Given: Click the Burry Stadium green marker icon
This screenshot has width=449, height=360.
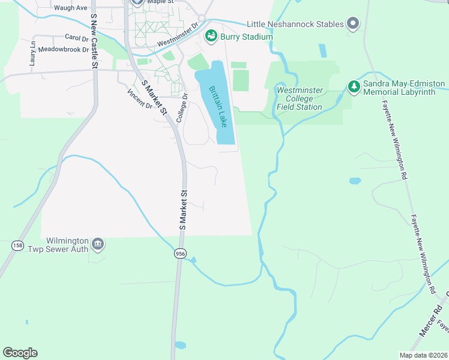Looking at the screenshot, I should click(211, 37).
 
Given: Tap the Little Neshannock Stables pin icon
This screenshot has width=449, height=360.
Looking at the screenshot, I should click(353, 24).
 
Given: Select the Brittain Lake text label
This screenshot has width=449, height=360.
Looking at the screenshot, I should click(218, 106).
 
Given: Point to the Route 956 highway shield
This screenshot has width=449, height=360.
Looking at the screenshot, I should click(179, 254).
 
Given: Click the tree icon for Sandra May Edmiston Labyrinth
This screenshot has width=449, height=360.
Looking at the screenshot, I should click(354, 88).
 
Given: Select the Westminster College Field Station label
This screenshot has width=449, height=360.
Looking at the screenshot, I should click(300, 98).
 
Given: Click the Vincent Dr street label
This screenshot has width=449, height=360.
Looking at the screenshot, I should click(140, 99).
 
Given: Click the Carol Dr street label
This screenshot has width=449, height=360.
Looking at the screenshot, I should click(76, 37).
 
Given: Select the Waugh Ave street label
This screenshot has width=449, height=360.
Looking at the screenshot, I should click(70, 8).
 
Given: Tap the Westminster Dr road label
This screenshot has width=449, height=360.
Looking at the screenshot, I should click(178, 36).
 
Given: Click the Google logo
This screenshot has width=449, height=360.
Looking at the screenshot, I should click(20, 353).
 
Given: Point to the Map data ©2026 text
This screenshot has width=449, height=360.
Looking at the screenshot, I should click(424, 355).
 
